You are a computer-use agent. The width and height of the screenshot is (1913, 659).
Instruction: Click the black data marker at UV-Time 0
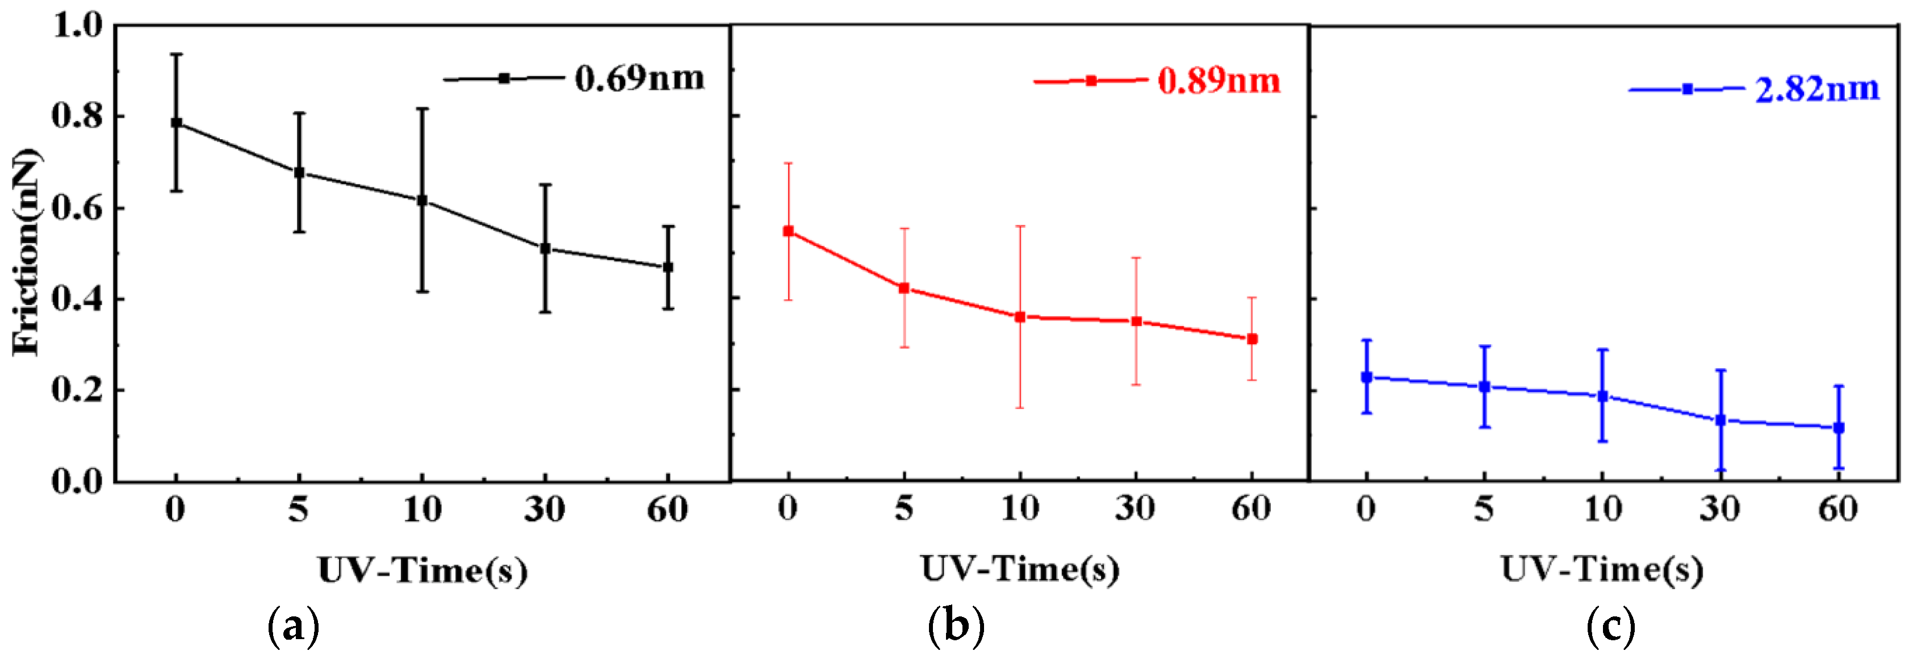click(176, 123)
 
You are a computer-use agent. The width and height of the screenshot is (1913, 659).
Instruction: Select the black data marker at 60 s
click(668, 266)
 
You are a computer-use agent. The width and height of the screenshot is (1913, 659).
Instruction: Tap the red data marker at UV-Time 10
click(1020, 316)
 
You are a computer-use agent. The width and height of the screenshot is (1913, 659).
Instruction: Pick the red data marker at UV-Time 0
click(788, 231)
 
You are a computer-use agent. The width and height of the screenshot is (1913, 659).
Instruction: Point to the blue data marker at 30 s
click(1720, 420)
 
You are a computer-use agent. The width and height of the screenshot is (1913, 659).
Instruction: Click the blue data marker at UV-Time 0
click(1366, 377)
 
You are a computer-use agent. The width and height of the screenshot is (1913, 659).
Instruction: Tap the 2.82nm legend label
click(1816, 89)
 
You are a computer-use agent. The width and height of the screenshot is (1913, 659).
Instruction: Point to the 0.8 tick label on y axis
click(77, 116)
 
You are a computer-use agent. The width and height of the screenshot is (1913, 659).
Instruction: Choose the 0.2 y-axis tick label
click(77, 390)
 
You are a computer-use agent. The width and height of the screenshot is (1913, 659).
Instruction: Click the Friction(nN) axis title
click(26, 253)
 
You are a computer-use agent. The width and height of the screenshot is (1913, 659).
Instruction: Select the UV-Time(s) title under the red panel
click(1020, 569)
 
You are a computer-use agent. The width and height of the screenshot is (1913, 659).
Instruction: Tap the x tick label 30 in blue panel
click(1719, 510)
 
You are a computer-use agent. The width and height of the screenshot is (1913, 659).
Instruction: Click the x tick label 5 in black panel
click(299, 510)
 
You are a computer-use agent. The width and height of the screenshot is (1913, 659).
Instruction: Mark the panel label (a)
click(294, 626)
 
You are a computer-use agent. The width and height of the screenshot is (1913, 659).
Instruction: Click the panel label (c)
click(1610, 626)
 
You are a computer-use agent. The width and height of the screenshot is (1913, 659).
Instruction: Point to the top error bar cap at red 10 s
click(1020, 226)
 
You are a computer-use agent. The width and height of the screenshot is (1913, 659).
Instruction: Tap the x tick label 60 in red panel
click(1251, 509)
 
